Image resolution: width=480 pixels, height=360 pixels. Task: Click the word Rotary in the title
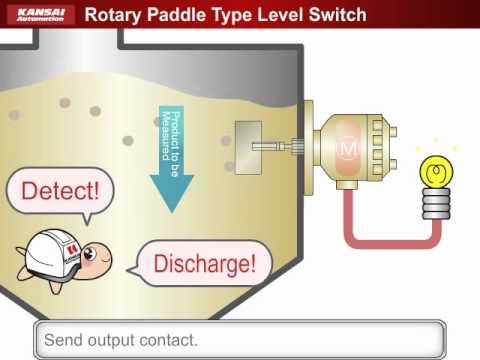point(116,15)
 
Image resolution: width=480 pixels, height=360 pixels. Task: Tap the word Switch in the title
point(334,15)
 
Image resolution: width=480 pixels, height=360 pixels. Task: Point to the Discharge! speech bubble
point(204,263)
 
